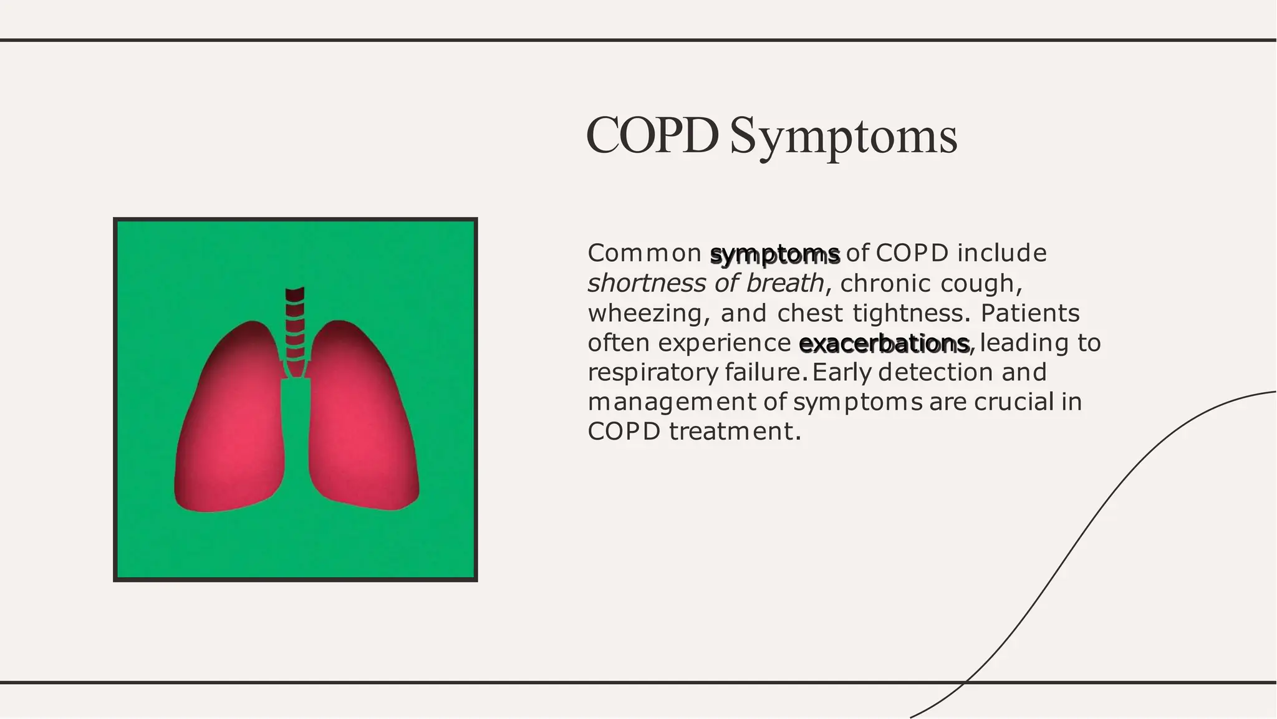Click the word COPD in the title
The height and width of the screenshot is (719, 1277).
[652, 136]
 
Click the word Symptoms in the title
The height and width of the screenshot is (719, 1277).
[843, 137]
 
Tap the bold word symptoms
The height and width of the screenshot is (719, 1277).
[775, 254]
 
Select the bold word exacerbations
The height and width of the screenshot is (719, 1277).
[884, 343]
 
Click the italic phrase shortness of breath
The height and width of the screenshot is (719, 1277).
[705, 284]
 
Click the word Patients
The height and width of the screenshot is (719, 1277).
[1029, 313]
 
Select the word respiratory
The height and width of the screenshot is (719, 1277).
[652, 373]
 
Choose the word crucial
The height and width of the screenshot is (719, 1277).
[1013, 402]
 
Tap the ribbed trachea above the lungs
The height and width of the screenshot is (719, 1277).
[295, 324]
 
